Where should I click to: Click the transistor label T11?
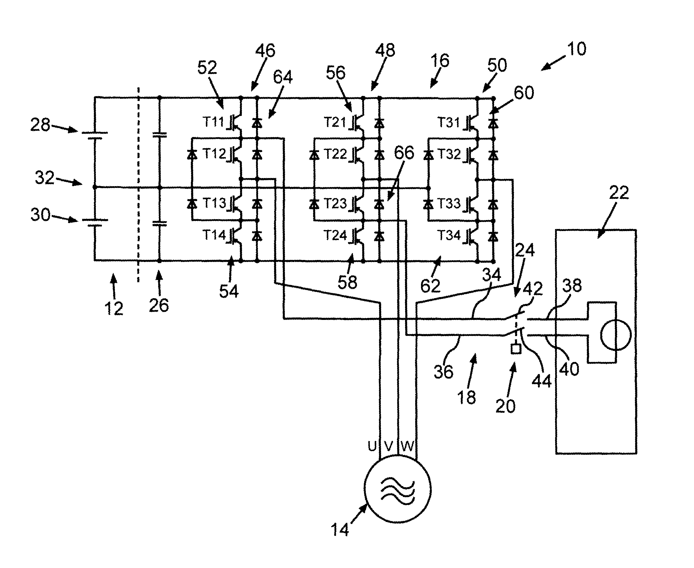click(213, 122)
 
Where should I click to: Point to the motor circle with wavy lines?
click(398, 489)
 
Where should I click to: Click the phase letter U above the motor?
click(372, 446)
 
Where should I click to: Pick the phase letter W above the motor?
click(407, 446)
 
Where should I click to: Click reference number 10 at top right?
click(576, 49)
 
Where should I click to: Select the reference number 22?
click(618, 193)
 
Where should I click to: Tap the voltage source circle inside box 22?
click(615, 335)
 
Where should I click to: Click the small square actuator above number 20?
click(516, 349)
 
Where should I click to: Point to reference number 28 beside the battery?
click(40, 125)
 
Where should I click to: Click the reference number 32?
click(45, 178)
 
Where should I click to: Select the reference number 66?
click(404, 153)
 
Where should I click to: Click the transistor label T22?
click(335, 154)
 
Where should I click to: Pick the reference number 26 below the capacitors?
click(159, 305)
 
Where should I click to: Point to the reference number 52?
click(207, 68)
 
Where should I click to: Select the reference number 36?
click(443, 372)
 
